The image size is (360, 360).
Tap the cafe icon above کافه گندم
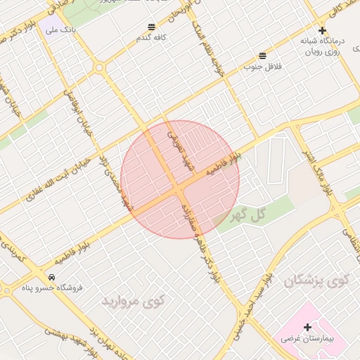[x=151, y=27]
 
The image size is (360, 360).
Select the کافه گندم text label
[x=151, y=38]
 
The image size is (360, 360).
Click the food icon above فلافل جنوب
[x=262, y=55]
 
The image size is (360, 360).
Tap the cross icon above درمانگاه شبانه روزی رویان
[x=322, y=30]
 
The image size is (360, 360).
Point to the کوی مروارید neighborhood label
[x=133, y=302]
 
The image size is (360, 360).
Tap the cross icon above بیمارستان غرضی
[x=307, y=327]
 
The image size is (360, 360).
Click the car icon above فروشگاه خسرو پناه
[x=53, y=276]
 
